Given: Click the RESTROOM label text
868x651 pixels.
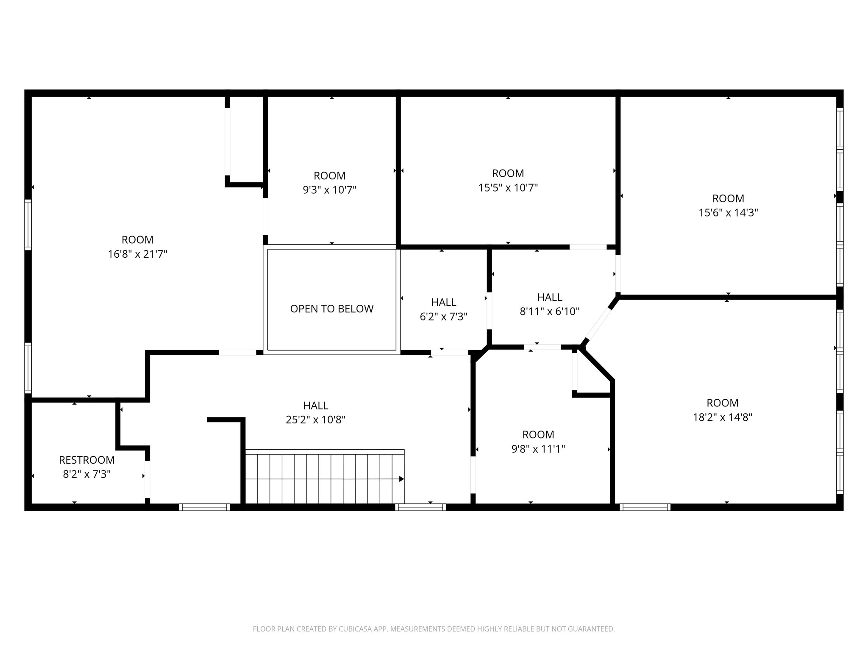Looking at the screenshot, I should click(86, 460).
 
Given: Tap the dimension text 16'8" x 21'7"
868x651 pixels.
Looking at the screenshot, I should click(137, 254).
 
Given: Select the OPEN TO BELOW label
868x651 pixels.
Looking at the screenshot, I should click(331, 309).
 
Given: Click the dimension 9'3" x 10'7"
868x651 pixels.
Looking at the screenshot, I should click(329, 189).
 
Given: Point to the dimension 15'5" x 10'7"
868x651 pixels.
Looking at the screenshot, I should click(508, 187).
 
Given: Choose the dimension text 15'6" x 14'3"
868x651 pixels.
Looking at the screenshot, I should click(728, 212).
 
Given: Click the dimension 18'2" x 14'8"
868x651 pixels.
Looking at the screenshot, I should click(722, 417).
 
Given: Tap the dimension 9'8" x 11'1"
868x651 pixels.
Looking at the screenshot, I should click(538, 448).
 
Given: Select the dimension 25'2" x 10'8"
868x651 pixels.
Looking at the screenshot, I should click(315, 420).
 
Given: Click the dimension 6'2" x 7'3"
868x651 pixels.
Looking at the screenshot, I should click(443, 316).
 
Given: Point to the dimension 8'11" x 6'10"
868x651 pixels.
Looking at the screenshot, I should click(549, 311).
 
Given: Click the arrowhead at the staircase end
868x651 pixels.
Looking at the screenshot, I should click(401, 479).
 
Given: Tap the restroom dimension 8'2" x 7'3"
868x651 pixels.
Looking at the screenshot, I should click(86, 474).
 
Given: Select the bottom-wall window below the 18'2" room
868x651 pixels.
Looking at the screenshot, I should click(645, 507).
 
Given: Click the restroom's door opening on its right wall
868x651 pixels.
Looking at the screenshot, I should click(147, 479).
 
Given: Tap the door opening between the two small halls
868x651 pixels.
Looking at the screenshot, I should click(489, 311).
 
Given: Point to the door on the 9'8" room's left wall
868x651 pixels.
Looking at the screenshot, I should click(473, 475).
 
